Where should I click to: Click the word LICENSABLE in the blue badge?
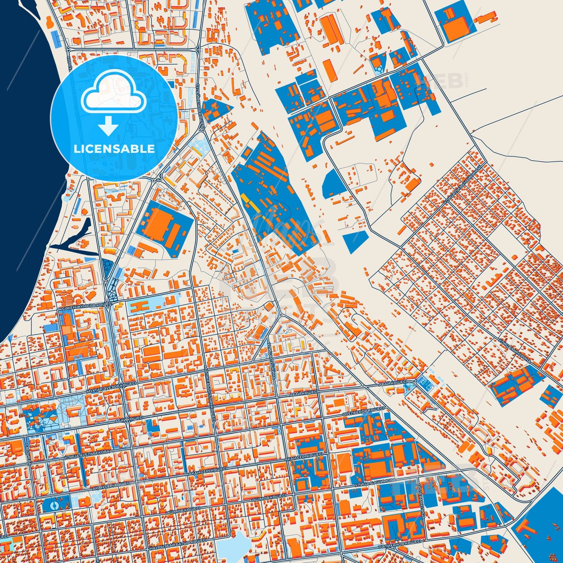(x=114, y=149)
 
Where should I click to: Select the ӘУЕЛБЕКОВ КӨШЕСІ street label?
(x=364, y=411)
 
